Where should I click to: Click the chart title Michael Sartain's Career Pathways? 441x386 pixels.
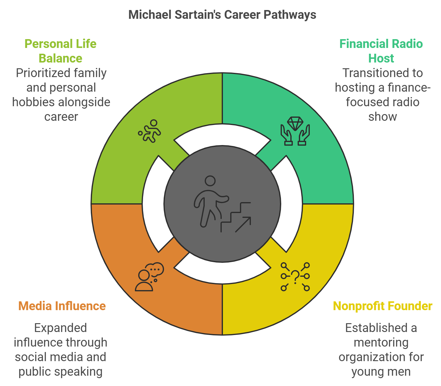pyautogui.click(x=222, y=15)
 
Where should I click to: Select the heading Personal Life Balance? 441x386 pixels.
pyautogui.click(x=60, y=51)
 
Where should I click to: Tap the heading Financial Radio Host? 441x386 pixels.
pyautogui.click(x=381, y=51)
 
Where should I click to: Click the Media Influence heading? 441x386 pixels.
pyautogui.click(x=62, y=306)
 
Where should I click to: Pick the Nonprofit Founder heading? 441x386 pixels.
pyautogui.click(x=383, y=306)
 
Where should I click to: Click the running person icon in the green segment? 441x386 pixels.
pyautogui.click(x=149, y=131)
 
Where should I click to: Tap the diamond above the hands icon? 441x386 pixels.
pyautogui.click(x=295, y=124)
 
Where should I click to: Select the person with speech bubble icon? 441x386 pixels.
pyautogui.click(x=149, y=277)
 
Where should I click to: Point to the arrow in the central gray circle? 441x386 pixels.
pyautogui.click(x=243, y=224)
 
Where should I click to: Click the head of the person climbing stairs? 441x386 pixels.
pyautogui.click(x=210, y=181)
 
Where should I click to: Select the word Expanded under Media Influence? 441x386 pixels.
pyautogui.click(x=60, y=328)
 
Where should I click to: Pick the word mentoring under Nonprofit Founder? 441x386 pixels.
pyautogui.click(x=381, y=343)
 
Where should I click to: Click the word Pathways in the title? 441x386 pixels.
pyautogui.click(x=290, y=15)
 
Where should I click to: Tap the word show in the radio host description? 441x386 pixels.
pyautogui.click(x=382, y=117)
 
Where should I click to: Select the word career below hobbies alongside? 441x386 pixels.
pyautogui.click(x=61, y=117)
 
